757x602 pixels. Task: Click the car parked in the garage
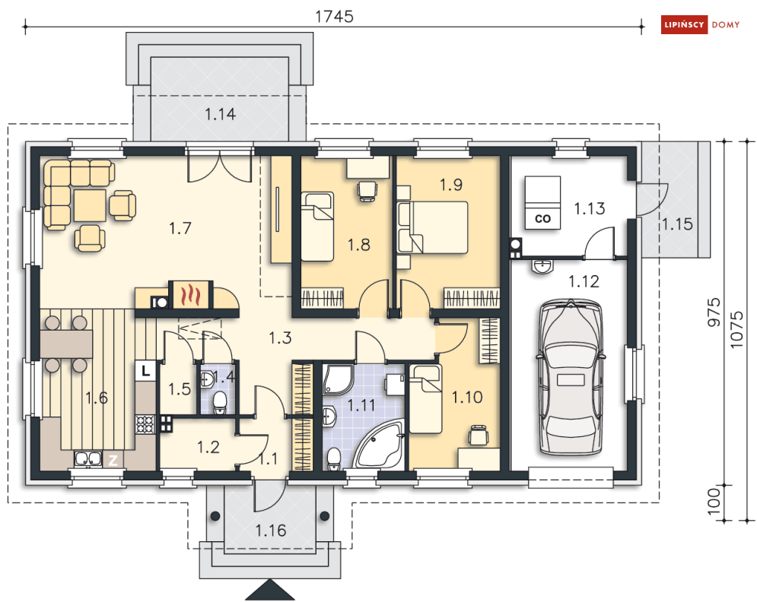point(570,378)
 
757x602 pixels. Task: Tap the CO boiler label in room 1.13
point(542,218)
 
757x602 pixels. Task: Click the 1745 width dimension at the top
point(334,17)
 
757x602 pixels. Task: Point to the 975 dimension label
point(714,312)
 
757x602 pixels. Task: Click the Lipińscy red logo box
point(684,24)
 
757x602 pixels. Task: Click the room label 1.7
point(180,228)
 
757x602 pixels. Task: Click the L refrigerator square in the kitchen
point(145,371)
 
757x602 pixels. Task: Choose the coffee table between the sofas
point(90,205)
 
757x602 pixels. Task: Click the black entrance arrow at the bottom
point(270,591)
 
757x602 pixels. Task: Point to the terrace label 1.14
point(220,114)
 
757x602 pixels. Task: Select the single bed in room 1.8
point(317,227)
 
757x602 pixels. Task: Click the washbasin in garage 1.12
point(542,266)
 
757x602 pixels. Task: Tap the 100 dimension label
point(714,501)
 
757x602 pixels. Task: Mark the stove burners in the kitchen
point(145,424)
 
